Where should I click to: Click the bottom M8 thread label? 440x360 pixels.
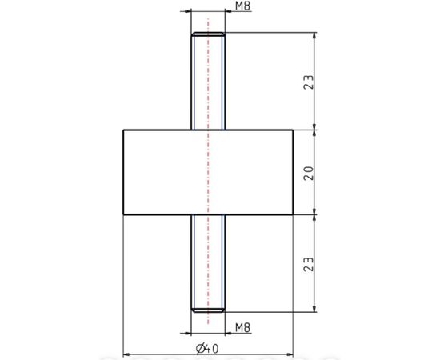[245, 327]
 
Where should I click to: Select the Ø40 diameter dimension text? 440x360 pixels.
[208, 347]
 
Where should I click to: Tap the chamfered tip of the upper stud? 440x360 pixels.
[208, 35]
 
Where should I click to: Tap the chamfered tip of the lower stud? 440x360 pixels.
[208, 308]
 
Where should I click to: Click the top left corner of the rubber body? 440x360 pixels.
[122, 130]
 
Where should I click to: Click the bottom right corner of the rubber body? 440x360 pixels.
[293, 214]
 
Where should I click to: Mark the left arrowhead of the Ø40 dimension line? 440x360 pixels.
[126, 353]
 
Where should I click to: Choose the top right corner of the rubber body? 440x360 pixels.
[293, 130]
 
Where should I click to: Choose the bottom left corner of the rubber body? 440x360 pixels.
[122, 214]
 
